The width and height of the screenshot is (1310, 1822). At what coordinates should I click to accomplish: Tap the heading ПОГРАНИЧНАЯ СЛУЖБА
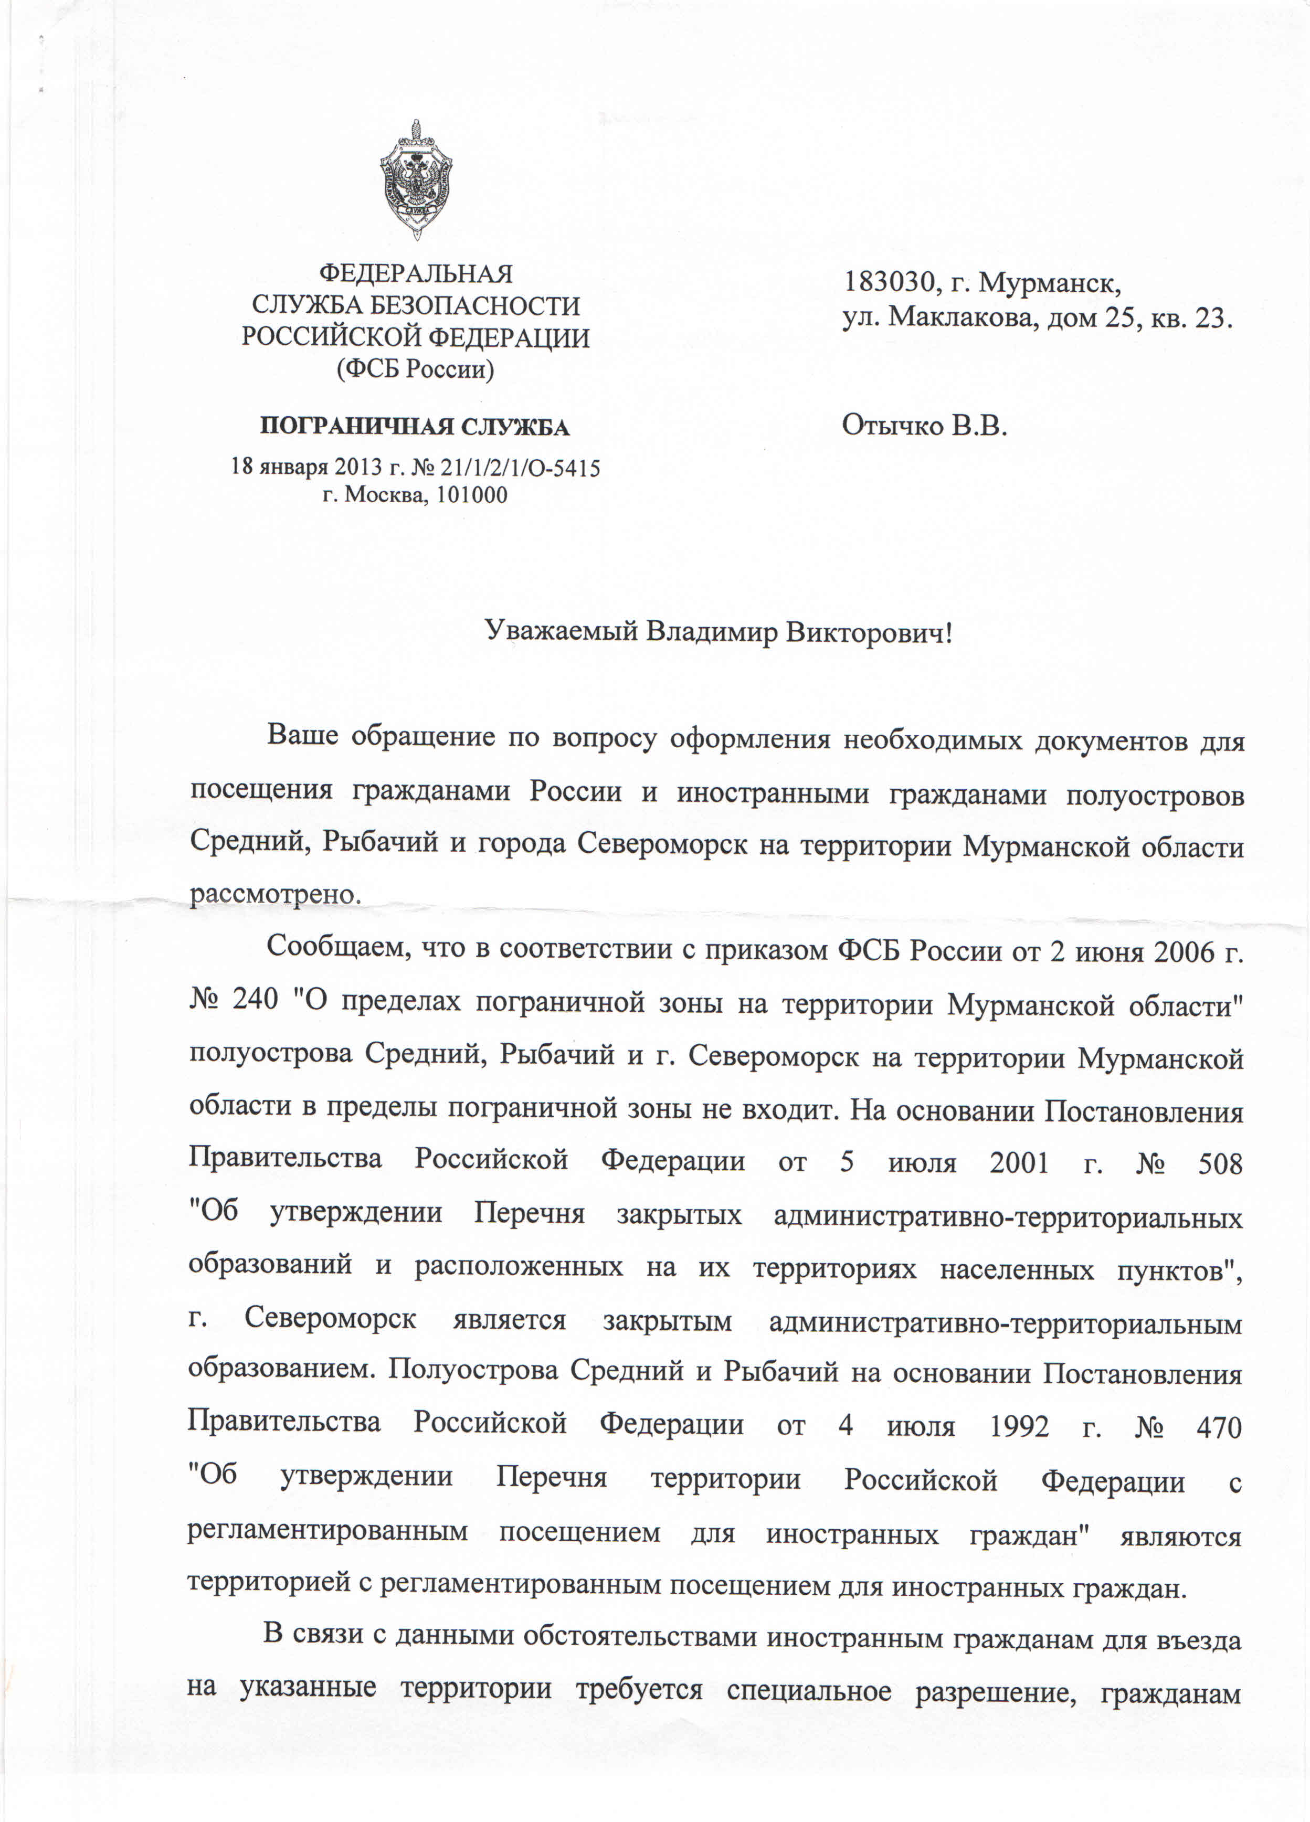(x=415, y=427)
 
